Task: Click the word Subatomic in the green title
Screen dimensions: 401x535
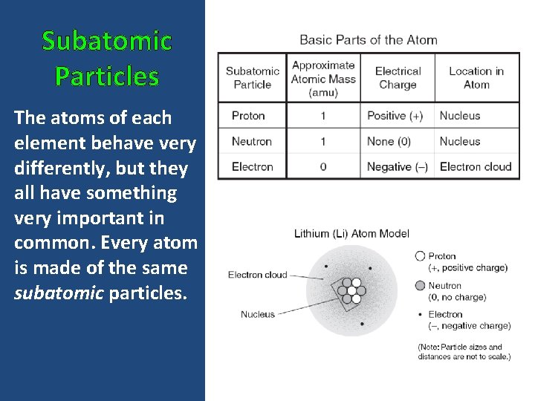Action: point(106,41)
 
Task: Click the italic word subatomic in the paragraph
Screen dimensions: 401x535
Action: point(59,293)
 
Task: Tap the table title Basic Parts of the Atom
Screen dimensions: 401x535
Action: point(368,40)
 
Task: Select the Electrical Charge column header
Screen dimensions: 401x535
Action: point(398,77)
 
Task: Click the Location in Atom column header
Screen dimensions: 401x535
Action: point(476,77)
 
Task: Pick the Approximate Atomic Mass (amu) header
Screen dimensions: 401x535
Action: point(323,78)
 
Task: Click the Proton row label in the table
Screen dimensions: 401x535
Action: point(248,116)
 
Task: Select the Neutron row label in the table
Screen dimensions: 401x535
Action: point(251,141)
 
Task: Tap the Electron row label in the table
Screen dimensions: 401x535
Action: point(253,166)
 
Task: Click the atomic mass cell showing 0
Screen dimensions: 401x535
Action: point(323,166)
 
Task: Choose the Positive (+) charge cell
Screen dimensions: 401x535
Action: point(395,116)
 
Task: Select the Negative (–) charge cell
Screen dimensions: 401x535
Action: point(398,166)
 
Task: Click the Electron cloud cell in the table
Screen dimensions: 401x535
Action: point(476,166)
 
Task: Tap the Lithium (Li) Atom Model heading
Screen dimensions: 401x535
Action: point(351,233)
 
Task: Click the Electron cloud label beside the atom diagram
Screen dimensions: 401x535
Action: point(257,275)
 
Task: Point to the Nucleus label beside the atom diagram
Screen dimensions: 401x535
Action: point(257,314)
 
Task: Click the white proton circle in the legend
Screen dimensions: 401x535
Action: point(421,256)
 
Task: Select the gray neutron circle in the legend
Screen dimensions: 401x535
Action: point(421,285)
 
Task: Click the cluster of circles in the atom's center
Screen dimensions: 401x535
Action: point(351,290)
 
